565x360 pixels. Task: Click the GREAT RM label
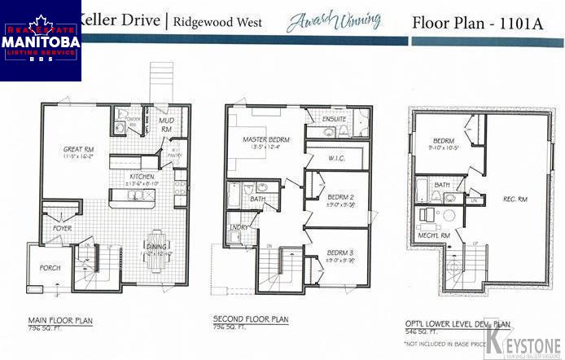point(77,148)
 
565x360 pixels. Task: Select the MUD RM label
point(165,125)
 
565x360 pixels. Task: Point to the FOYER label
point(63,228)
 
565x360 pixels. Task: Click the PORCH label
point(50,266)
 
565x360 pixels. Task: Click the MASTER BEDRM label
point(265,140)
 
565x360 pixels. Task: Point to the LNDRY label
point(239,227)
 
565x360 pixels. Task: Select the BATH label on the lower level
point(443,185)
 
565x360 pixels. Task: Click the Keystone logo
point(524,339)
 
